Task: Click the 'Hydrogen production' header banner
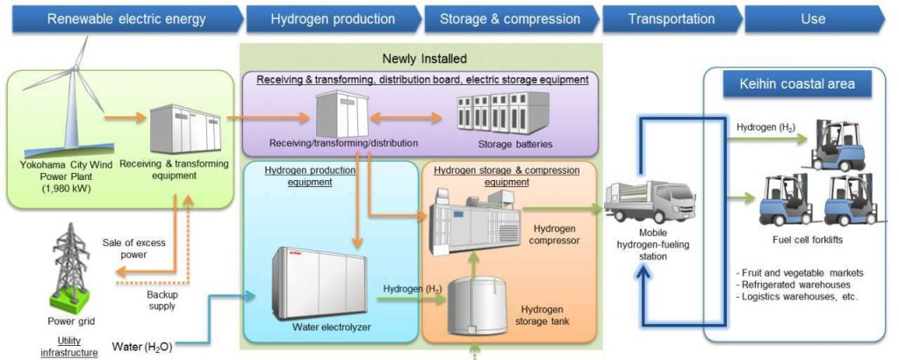click(333, 19)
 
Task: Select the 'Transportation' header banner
click(672, 19)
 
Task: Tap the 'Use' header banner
click(814, 19)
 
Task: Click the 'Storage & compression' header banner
click(510, 19)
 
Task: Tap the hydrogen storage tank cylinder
click(477, 306)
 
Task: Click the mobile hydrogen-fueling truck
click(651, 201)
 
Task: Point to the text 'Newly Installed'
click(425, 59)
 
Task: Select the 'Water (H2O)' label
click(142, 346)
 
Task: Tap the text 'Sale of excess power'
click(133, 248)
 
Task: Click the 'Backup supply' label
click(162, 300)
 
